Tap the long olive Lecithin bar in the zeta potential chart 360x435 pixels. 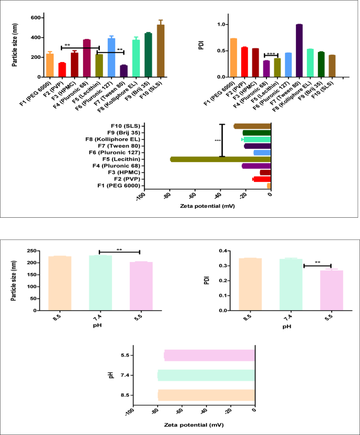coord(220,159)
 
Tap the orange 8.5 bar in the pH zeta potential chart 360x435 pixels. coord(206,395)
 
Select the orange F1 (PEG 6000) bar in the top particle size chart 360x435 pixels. coord(50,65)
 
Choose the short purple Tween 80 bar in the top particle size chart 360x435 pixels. coord(124,71)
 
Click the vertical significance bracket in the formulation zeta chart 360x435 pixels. coord(222,140)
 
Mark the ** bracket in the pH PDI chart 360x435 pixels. coord(317,265)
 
